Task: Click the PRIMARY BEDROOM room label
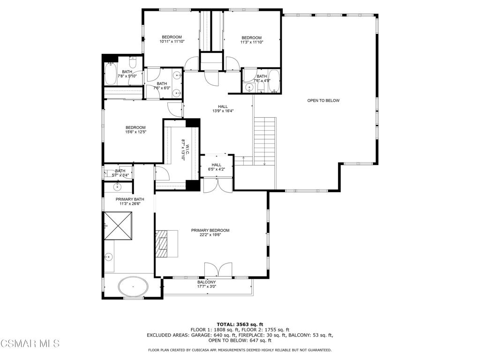pos(210,230)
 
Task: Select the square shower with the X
pos(118,225)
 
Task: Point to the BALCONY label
pos(206,282)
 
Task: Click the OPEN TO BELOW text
pos(323,101)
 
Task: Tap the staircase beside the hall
pos(264,141)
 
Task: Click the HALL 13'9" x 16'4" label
pos(223,109)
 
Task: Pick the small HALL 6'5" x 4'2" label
pos(216,167)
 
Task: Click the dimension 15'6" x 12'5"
pos(135,132)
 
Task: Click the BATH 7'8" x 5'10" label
pos(127,74)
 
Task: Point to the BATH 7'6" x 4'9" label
pos(261,78)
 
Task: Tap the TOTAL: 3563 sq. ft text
pos(240,324)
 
